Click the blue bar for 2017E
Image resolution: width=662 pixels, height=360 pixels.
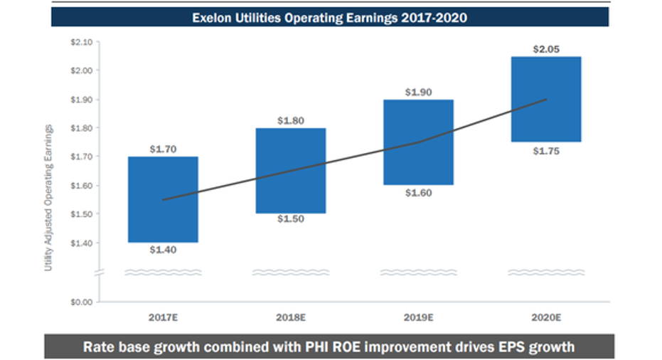[163, 199]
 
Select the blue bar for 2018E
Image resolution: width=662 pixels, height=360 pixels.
[290, 171]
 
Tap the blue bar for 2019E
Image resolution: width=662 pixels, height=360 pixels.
[418, 142]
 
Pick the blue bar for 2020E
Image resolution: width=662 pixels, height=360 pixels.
[546, 99]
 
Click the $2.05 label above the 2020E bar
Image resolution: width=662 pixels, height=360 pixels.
[546, 49]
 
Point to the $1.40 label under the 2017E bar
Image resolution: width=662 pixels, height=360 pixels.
[163, 249]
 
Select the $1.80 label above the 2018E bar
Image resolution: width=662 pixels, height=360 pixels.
[290, 121]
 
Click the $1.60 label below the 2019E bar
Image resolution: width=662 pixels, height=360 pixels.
[418, 193]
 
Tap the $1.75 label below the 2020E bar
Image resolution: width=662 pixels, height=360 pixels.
[546, 149]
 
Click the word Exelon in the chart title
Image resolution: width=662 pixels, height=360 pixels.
[210, 16]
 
